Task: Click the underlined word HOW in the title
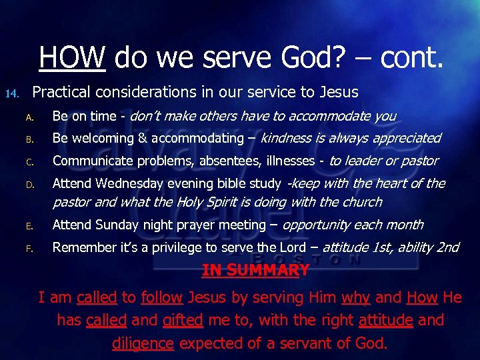(x=72, y=57)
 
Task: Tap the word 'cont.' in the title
(x=411, y=57)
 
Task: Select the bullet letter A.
(x=29, y=117)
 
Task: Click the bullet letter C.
(x=29, y=162)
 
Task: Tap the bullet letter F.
(x=29, y=249)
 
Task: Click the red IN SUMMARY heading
(x=255, y=271)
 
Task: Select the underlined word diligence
(x=143, y=343)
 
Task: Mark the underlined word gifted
(x=183, y=320)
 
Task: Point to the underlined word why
(x=356, y=297)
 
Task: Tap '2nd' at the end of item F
(x=447, y=247)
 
